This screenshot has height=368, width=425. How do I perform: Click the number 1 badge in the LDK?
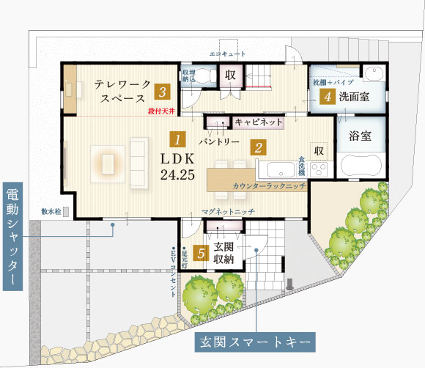(x=176, y=137)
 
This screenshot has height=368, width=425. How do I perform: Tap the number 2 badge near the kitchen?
(x=258, y=147)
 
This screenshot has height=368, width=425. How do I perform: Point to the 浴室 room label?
(x=361, y=137)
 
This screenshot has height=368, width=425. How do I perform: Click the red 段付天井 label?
(x=163, y=111)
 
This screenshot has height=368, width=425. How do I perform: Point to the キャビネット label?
(x=258, y=122)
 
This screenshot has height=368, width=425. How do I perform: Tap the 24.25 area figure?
(x=176, y=175)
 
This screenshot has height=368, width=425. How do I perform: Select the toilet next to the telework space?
(x=205, y=75)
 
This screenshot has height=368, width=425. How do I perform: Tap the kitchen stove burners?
(x=319, y=169)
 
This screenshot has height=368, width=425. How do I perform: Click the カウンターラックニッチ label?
(x=269, y=187)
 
